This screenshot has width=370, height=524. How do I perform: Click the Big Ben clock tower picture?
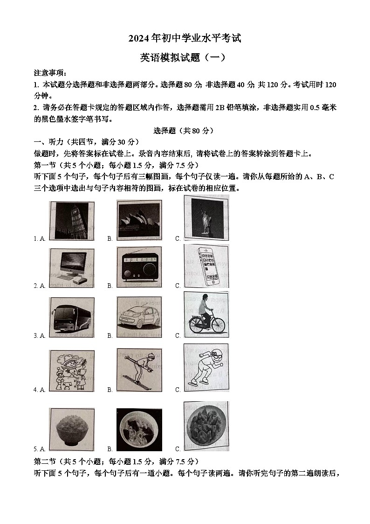[72, 220]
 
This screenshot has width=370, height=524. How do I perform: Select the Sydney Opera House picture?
[139, 220]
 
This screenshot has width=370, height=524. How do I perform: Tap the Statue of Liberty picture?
[206, 217]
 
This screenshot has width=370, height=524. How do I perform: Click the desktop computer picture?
[72, 267]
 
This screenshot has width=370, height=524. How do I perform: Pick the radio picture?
[139, 267]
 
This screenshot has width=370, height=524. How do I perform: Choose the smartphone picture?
[206, 265]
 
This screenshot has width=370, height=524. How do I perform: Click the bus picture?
[72, 317]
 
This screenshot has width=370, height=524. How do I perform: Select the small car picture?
[139, 317]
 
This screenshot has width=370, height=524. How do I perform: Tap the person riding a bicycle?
[206, 315]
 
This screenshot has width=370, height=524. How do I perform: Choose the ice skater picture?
[206, 367]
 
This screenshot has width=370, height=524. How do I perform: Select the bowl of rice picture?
[72, 430]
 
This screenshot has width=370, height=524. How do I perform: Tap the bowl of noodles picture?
[139, 430]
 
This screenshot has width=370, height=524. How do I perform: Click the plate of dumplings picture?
[206, 426]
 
